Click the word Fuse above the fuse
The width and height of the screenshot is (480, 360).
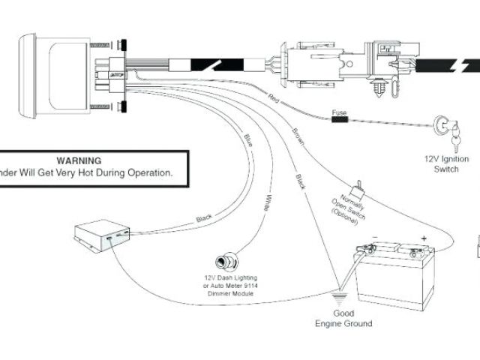coord(339,112)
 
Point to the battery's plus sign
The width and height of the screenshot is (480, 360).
coord(424,238)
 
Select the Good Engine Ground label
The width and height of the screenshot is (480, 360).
coord(343,319)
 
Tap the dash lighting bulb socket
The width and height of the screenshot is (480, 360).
coord(223,262)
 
